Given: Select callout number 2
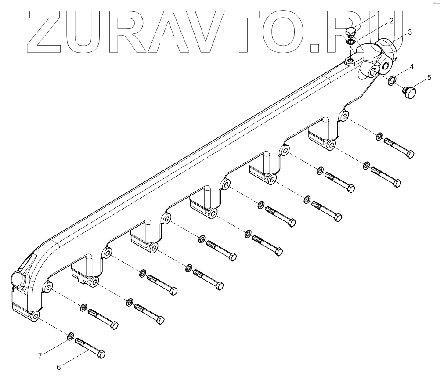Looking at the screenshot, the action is pyautogui.click(x=390, y=21).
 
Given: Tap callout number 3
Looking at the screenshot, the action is pyautogui.click(x=409, y=32).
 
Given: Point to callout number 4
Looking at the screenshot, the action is pyautogui.click(x=411, y=67).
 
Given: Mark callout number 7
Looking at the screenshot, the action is pyautogui.click(x=40, y=356).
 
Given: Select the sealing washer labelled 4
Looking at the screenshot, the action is pyautogui.click(x=392, y=80).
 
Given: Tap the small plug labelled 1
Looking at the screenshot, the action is pyautogui.click(x=350, y=32).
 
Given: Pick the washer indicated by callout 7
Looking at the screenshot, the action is pyautogui.click(x=70, y=336).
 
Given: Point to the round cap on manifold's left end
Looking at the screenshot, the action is pyautogui.click(x=18, y=279).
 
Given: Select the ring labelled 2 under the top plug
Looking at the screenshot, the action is pyautogui.click(x=351, y=42).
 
